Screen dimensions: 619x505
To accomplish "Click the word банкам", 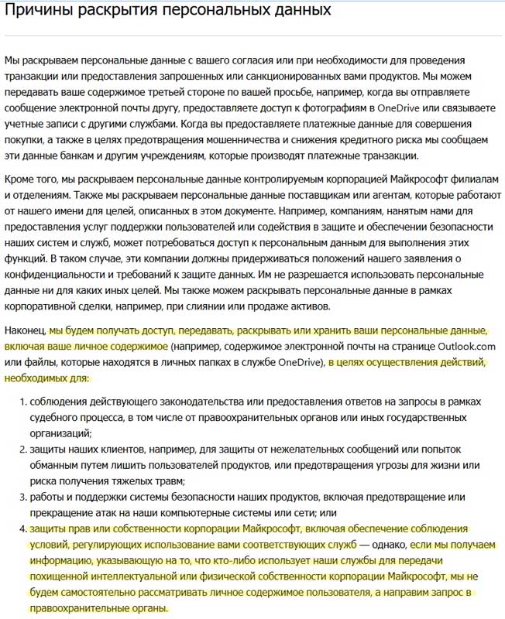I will coord(77,156).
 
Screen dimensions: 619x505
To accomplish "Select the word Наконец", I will coord(25,330).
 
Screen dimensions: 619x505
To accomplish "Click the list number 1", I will coord(22,403).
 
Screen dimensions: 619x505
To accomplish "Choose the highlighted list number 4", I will coord(22,529).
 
